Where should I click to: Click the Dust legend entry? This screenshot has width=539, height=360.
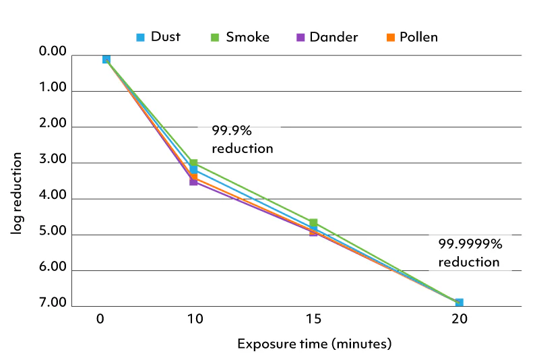point(158,36)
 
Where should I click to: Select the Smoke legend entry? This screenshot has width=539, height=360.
point(241,36)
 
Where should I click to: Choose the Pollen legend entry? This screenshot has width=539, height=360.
point(411,36)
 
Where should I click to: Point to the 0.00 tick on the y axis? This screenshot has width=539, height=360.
point(53,52)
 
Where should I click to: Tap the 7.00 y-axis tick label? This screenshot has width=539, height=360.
point(53,303)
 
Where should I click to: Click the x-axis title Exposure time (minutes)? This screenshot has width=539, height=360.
point(314,344)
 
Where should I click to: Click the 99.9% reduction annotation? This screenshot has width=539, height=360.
point(242,139)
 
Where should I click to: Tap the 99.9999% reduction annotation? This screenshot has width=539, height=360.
point(470,253)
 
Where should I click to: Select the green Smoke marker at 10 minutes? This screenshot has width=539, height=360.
point(193,163)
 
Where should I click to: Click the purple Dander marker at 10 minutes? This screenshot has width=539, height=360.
point(193,181)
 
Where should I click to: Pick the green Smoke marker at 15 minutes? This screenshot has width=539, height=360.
point(313,222)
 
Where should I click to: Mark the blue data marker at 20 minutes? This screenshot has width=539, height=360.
point(459,303)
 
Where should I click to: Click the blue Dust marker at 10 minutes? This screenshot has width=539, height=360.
point(193,170)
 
